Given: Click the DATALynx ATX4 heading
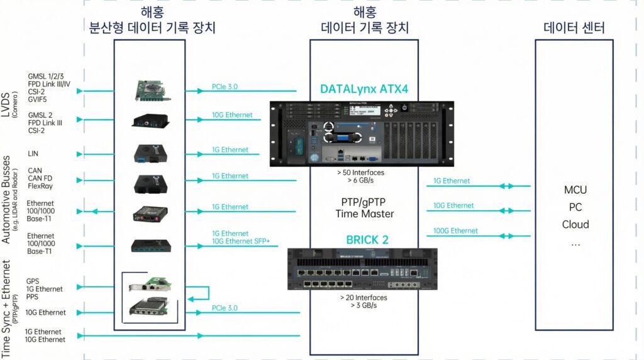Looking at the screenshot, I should [364, 89].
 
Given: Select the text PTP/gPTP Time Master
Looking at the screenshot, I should [364, 208].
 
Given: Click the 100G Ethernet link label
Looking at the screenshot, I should [455, 231].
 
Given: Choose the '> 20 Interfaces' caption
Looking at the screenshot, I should [364, 297].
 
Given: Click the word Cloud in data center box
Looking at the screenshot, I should [575, 225].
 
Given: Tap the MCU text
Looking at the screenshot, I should [575, 189].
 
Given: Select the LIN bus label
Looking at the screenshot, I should [33, 153].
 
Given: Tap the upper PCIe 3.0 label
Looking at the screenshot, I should [225, 87].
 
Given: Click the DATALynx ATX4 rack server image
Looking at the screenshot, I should [364, 133].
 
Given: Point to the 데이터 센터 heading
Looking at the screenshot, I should [575, 28].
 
